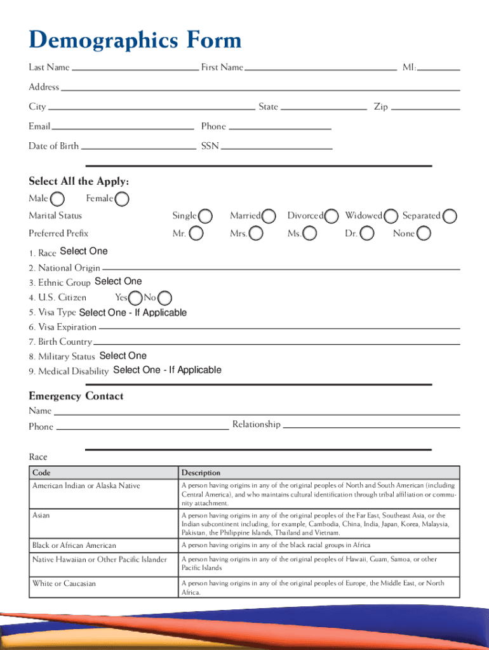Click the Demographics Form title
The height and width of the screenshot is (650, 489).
[135, 41]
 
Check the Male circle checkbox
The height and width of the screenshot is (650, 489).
[57, 199]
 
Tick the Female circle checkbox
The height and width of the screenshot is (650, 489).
[123, 199]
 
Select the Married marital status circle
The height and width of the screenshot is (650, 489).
[269, 216]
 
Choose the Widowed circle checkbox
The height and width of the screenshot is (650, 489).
[391, 216]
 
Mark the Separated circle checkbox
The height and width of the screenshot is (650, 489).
[450, 216]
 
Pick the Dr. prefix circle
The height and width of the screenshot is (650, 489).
[367, 234]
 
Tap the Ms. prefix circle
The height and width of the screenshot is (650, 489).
[310, 234]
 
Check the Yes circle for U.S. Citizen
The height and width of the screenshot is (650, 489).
[135, 298]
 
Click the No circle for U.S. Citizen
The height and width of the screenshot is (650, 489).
[164, 298]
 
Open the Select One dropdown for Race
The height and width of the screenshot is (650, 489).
[83, 251]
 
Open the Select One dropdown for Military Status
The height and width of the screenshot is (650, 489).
[123, 356]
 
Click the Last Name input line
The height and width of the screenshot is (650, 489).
[135, 67]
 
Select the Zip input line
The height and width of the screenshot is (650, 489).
[425, 107]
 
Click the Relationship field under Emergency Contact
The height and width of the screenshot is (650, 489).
[371, 425]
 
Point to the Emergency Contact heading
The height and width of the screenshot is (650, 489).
[76, 396]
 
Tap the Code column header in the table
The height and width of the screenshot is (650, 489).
[41, 473]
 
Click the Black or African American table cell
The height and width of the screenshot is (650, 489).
[74, 545]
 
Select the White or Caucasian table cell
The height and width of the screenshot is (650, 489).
[64, 583]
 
